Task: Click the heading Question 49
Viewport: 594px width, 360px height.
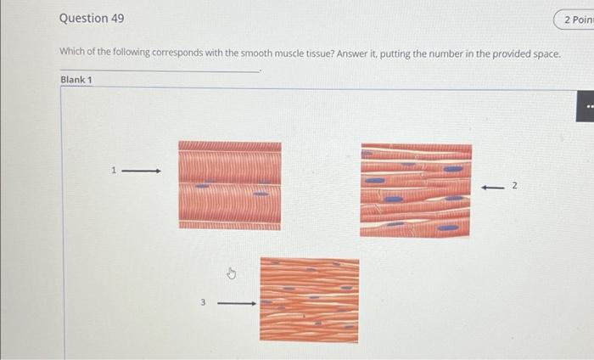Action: (92, 18)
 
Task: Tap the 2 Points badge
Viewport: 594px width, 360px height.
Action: (574, 20)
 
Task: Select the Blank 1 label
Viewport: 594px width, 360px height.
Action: (76, 80)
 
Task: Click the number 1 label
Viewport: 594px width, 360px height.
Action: (113, 170)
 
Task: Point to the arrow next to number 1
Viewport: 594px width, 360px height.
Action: (142, 172)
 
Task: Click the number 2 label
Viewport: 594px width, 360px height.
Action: (514, 185)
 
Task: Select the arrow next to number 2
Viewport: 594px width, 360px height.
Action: (492, 187)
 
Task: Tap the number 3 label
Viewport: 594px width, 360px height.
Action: (203, 302)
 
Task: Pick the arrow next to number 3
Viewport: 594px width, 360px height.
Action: (237, 303)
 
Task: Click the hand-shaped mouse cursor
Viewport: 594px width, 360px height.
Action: (232, 273)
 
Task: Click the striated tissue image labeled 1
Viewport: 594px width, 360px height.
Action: (230, 186)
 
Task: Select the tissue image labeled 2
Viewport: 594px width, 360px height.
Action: (416, 190)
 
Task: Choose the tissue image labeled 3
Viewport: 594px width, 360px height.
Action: (310, 300)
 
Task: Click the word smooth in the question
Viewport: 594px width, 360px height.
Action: (257, 53)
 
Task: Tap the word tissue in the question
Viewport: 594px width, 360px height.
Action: (320, 53)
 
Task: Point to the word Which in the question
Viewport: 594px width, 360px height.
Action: (72, 52)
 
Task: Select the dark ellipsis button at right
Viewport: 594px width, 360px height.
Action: (586, 106)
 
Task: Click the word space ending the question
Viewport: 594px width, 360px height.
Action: (546, 54)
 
